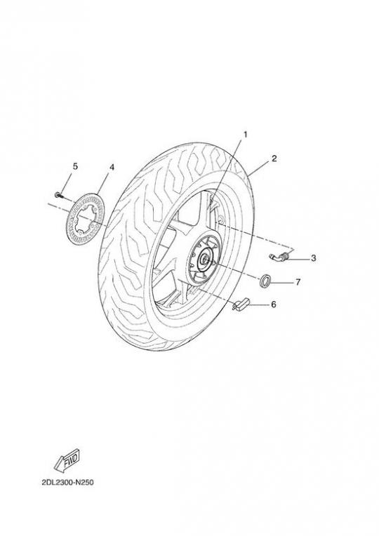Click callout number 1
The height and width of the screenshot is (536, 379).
tap(245, 135)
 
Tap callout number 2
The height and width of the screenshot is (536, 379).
tap(274, 159)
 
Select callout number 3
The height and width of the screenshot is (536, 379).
tap(313, 258)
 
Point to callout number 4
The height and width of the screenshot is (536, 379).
tap(112, 168)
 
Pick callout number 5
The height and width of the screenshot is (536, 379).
tap(75, 166)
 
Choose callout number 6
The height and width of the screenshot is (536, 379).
tap(273, 304)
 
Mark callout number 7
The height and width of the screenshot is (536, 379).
tap(298, 282)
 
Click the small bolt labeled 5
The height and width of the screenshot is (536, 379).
tap(58, 195)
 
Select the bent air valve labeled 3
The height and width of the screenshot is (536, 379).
tap(280, 256)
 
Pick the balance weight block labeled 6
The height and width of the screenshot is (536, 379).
tap(241, 304)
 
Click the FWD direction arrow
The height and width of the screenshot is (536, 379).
tap(67, 459)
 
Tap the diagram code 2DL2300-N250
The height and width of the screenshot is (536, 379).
tap(67, 483)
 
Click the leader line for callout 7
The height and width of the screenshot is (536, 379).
tap(283, 283)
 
